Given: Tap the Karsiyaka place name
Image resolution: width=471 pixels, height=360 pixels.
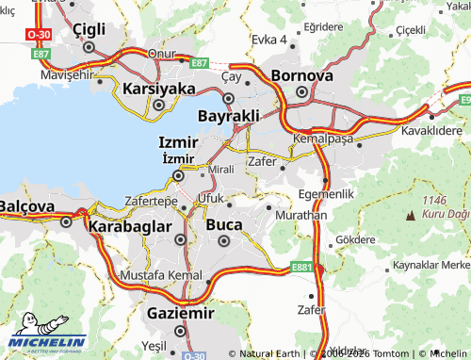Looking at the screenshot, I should point(158,89).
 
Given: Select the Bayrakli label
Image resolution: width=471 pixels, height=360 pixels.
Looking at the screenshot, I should point(228,115).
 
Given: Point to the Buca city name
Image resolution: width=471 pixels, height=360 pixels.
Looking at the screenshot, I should point(223,225).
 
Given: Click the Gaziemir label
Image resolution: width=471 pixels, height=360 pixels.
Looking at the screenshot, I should point(180,313).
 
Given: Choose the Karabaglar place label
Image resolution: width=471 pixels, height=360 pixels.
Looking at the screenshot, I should point(129,226).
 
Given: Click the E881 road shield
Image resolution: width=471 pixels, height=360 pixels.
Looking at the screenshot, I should point(301,269).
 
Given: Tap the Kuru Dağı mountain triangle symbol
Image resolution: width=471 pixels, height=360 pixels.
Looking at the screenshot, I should point(410,217).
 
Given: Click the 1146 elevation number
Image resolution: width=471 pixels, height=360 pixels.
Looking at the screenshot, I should point(434,200).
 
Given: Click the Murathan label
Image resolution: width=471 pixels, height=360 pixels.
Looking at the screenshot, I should point(300,216).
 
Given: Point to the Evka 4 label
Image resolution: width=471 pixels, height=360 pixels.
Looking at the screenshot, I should point(269,40).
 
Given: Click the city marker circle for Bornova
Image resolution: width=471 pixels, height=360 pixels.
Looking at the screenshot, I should point(301,93).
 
